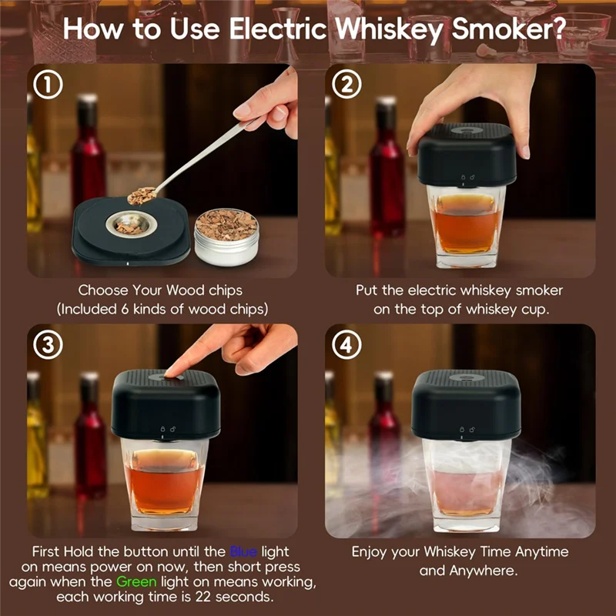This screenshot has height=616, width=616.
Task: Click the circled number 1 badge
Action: (48, 84)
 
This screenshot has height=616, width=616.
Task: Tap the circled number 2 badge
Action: (346, 84)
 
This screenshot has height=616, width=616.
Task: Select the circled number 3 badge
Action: (48, 345)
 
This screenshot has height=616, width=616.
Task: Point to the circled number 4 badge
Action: (346, 345)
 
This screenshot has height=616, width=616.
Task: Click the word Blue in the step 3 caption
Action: (243, 551)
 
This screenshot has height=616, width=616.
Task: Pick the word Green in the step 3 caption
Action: (136, 582)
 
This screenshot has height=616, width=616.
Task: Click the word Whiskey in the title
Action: (389, 29)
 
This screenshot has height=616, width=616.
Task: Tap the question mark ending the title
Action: (559, 28)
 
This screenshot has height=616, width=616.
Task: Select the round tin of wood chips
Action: (226, 237)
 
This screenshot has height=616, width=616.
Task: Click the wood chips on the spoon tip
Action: (142, 196)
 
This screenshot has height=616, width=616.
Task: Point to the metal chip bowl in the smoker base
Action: (131, 224)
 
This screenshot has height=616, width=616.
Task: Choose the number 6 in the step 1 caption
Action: (125, 310)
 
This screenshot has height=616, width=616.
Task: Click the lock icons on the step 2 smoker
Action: (467, 178)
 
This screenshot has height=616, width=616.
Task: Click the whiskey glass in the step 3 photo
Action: (165, 484)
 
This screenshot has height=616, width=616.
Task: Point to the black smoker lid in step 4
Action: (466, 406)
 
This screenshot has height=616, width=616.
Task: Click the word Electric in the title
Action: (278, 28)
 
